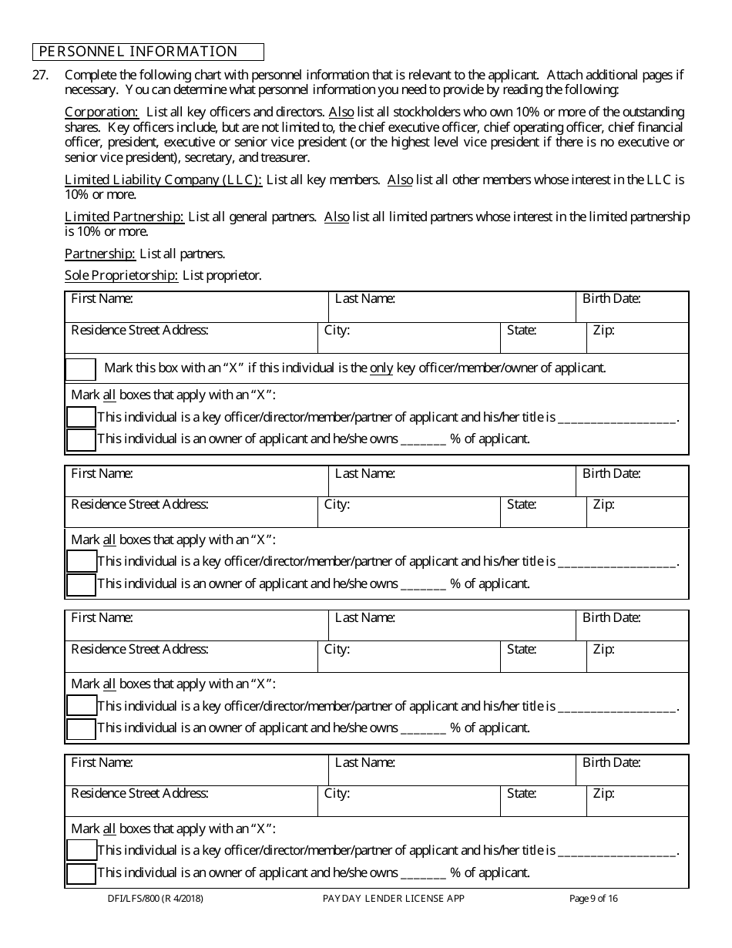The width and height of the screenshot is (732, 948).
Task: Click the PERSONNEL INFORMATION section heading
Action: [139, 52]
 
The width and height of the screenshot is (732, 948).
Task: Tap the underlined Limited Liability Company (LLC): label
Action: [163, 180]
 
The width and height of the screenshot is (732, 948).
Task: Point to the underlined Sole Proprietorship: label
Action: [122, 275]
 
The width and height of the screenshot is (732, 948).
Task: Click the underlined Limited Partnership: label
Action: [124, 217]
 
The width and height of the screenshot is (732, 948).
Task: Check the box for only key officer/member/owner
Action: [81, 368]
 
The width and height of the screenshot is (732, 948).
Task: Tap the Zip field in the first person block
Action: [638, 338]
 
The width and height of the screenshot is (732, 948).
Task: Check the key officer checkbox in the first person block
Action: [81, 417]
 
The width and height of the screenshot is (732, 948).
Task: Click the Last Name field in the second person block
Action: [452, 482]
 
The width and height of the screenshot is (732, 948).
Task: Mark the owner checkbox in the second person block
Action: [81, 584]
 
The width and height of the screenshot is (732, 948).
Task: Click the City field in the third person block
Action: [408, 657]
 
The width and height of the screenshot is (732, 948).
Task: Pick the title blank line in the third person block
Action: [616, 707]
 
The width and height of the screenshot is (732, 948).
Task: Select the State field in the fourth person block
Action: [543, 802]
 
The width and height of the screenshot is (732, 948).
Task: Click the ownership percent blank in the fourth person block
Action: [423, 874]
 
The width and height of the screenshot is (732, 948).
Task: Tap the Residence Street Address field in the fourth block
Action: [191, 802]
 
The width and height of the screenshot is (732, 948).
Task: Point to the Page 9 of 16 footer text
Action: [593, 898]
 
